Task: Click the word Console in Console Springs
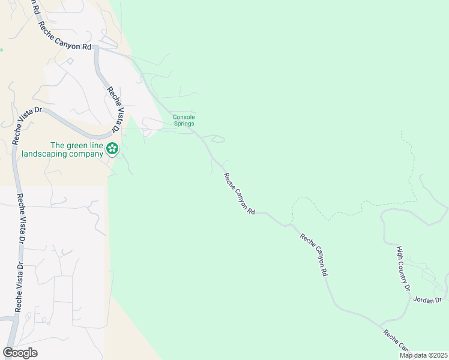click(x=184, y=117)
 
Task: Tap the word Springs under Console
click(x=184, y=124)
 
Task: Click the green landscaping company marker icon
click(x=112, y=148)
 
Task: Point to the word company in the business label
click(x=87, y=154)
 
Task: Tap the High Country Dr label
click(x=403, y=268)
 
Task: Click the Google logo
click(x=20, y=353)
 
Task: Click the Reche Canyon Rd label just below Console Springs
click(x=240, y=194)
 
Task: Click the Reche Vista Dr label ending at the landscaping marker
click(x=113, y=112)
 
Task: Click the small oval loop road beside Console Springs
click(x=218, y=140)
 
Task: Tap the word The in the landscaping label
click(x=57, y=145)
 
